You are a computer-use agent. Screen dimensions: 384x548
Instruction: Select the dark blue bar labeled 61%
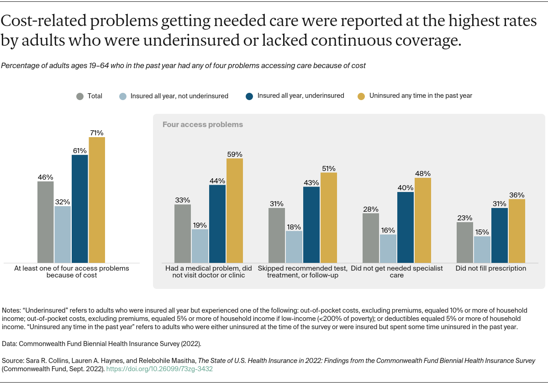[x=79, y=208]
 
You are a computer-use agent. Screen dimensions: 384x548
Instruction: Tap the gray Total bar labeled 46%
[x=45, y=222]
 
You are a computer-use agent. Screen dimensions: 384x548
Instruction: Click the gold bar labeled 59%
[x=235, y=210]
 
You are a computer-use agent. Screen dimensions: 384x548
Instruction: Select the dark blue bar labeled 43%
[x=311, y=224]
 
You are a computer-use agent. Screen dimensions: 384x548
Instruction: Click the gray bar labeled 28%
[x=371, y=238]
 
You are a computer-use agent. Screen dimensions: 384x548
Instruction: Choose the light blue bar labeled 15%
[x=482, y=249]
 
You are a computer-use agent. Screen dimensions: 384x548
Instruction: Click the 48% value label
[x=423, y=174]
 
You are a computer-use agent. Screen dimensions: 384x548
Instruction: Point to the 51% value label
[x=329, y=168]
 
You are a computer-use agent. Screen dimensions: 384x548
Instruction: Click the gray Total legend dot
[x=80, y=96]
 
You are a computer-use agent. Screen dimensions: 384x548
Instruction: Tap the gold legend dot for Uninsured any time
[x=361, y=96]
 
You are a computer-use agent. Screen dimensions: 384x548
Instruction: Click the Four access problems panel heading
[x=203, y=124]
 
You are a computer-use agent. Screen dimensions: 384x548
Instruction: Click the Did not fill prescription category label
[x=491, y=268]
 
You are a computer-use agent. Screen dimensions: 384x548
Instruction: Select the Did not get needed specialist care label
[x=397, y=272]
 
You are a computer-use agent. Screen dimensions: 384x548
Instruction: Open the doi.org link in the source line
[x=159, y=368]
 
